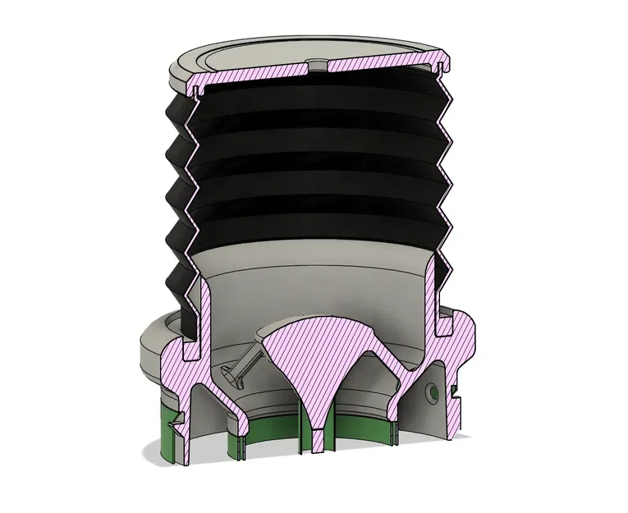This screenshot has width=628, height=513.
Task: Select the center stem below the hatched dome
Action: [315, 427]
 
